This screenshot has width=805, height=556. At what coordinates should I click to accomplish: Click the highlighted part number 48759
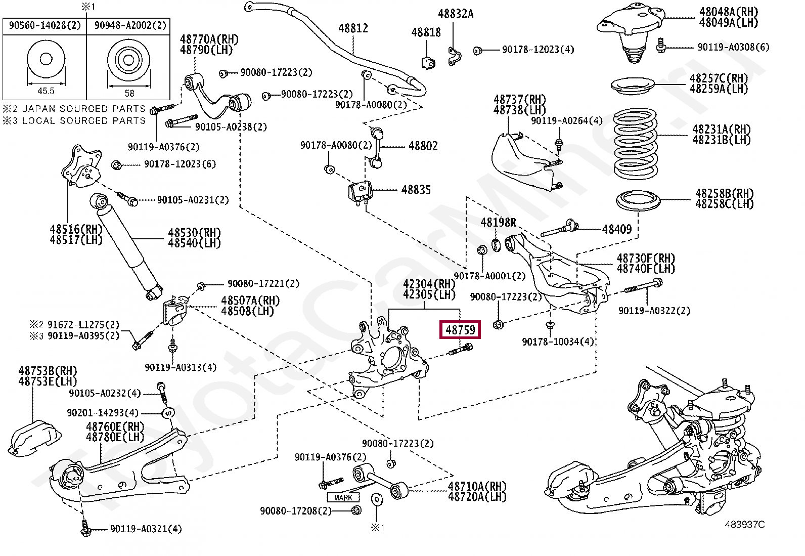pyautogui.click(x=460, y=330)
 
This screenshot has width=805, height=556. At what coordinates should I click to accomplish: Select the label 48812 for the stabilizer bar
pyautogui.click(x=353, y=28)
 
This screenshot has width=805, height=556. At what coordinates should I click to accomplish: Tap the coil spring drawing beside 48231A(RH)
pyautogui.click(x=635, y=144)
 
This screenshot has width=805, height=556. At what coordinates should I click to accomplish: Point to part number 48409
pyautogui.click(x=617, y=229)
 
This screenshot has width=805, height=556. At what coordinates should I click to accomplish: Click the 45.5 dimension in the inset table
pyautogui.click(x=46, y=91)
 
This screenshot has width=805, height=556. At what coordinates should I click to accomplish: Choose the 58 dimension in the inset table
pyautogui.click(x=129, y=93)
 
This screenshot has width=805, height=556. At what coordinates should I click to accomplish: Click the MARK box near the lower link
pyautogui.click(x=343, y=498)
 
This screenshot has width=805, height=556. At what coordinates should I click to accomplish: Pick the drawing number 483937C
pyautogui.click(x=744, y=524)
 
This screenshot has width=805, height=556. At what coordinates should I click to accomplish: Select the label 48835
pyautogui.click(x=416, y=190)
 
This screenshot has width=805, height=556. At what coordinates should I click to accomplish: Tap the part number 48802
pyautogui.click(x=423, y=146)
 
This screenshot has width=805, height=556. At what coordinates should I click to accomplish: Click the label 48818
pyautogui.click(x=426, y=32)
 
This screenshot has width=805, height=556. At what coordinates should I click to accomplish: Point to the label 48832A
pyautogui.click(x=455, y=14)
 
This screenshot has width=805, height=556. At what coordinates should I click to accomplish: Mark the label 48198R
pyautogui.click(x=498, y=223)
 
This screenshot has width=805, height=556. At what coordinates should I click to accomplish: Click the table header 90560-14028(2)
pyautogui.click(x=44, y=25)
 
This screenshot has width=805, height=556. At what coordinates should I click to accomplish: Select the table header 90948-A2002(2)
pyautogui.click(x=130, y=25)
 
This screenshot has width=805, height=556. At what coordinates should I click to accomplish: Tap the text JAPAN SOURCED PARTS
pyautogui.click(x=83, y=109)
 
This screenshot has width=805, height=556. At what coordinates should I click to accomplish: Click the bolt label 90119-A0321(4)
pyautogui.click(x=146, y=529)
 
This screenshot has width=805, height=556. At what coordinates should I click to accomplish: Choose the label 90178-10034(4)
pyautogui.click(x=558, y=342)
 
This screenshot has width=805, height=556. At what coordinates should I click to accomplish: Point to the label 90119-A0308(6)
pyautogui.click(x=733, y=47)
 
